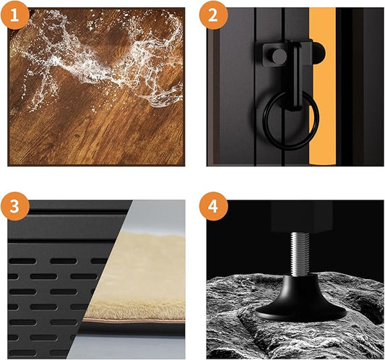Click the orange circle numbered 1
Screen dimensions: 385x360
(14, 14)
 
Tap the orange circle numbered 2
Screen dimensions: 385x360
(213, 14)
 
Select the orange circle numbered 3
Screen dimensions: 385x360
(14, 206)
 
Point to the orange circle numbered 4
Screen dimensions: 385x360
(213, 206)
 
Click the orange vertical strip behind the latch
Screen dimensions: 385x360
(323, 86)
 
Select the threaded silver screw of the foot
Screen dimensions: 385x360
(300, 254)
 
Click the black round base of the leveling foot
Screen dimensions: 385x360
(300, 301)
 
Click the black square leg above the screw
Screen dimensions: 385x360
(301, 216)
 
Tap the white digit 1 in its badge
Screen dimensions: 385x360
(14, 15)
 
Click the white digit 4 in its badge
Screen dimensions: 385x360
(212, 206)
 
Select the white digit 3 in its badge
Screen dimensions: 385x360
(14, 206)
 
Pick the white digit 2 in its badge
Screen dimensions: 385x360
(213, 15)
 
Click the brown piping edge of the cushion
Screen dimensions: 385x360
(134, 320)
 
